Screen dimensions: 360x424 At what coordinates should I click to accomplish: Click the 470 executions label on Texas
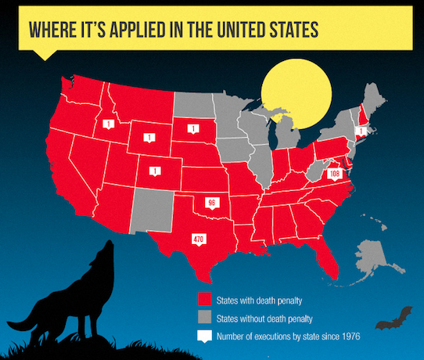tap(198, 239)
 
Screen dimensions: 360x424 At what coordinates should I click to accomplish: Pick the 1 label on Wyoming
tap(148, 138)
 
